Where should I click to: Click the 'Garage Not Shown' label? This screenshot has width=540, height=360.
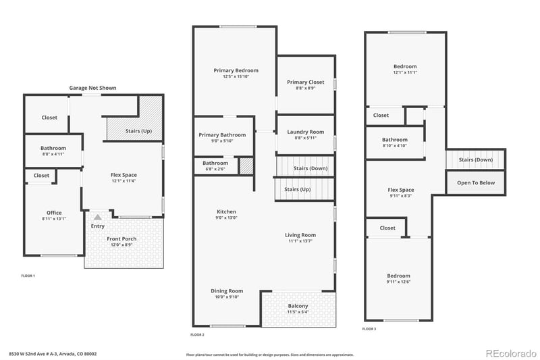pyautogui.click(x=92, y=88)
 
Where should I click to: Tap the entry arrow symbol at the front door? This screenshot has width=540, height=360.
pyautogui.click(x=97, y=217)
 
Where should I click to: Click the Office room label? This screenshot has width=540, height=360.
pyautogui.click(x=53, y=213)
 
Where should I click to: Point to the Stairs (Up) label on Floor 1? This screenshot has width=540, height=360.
pyautogui.click(x=139, y=130)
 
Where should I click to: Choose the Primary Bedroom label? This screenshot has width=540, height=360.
pyautogui.click(x=236, y=70)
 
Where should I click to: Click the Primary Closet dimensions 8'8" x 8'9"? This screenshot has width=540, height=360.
pyautogui.click(x=305, y=88)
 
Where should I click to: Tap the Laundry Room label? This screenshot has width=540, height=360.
pyautogui.click(x=305, y=132)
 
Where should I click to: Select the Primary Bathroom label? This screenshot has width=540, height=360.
pyautogui.click(x=222, y=134)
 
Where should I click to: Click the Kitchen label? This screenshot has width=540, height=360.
pyautogui.click(x=226, y=211)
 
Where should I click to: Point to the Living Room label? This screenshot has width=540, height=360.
pyautogui.click(x=300, y=235)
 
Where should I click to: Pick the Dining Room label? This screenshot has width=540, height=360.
pyautogui.click(x=226, y=290)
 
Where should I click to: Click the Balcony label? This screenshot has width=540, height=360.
pyautogui.click(x=298, y=306)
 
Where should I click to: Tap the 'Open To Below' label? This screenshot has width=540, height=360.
pyautogui.click(x=476, y=182)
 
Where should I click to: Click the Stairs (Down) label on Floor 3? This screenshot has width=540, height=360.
pyautogui.click(x=475, y=159)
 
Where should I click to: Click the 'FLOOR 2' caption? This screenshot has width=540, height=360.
pyautogui.click(x=197, y=334)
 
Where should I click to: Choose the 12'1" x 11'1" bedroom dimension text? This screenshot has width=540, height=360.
pyautogui.click(x=405, y=72)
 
